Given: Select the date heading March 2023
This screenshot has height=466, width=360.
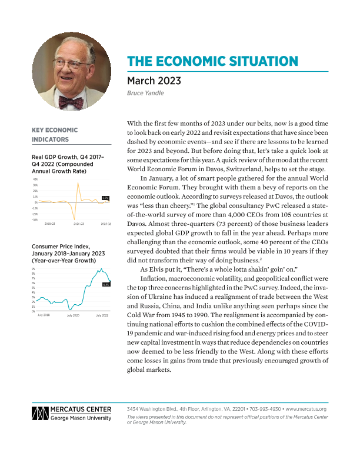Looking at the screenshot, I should point(155,81).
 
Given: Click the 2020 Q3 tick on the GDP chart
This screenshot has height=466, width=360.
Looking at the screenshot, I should point(78,224).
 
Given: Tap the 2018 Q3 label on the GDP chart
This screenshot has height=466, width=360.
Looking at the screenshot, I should point(51,224).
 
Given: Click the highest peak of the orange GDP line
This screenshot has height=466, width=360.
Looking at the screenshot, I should point(78,184).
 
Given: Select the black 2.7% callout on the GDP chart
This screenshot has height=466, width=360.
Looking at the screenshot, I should point(105,198).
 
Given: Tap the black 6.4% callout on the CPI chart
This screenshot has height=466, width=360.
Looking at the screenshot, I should point(106,284).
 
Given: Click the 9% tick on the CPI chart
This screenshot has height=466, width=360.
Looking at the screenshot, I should point(34,268).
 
